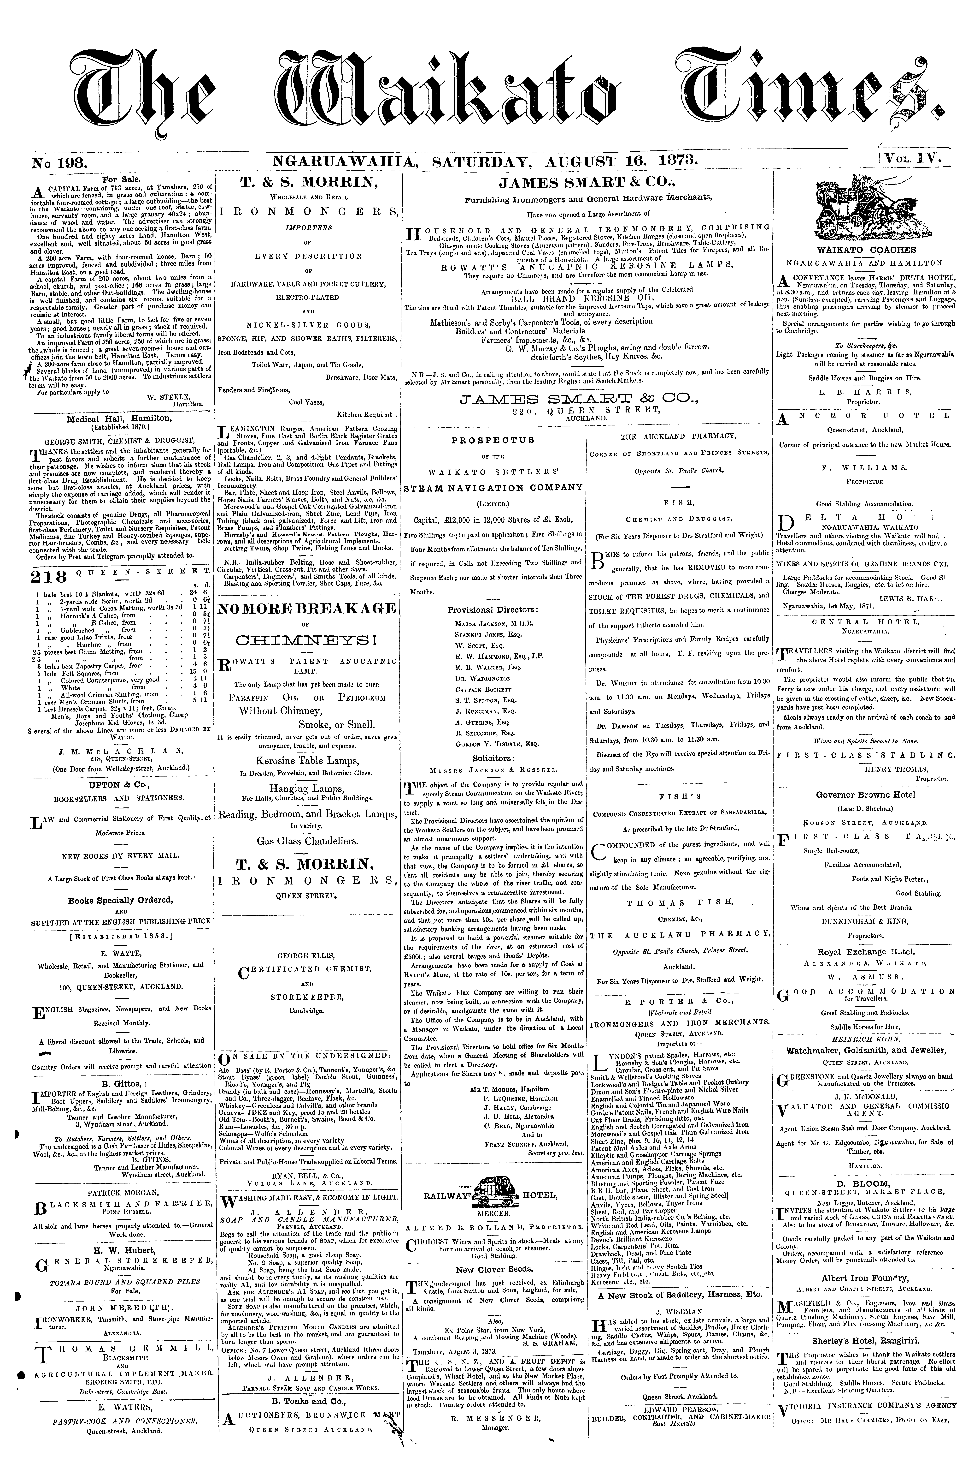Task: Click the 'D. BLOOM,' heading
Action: pos(866,1183)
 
